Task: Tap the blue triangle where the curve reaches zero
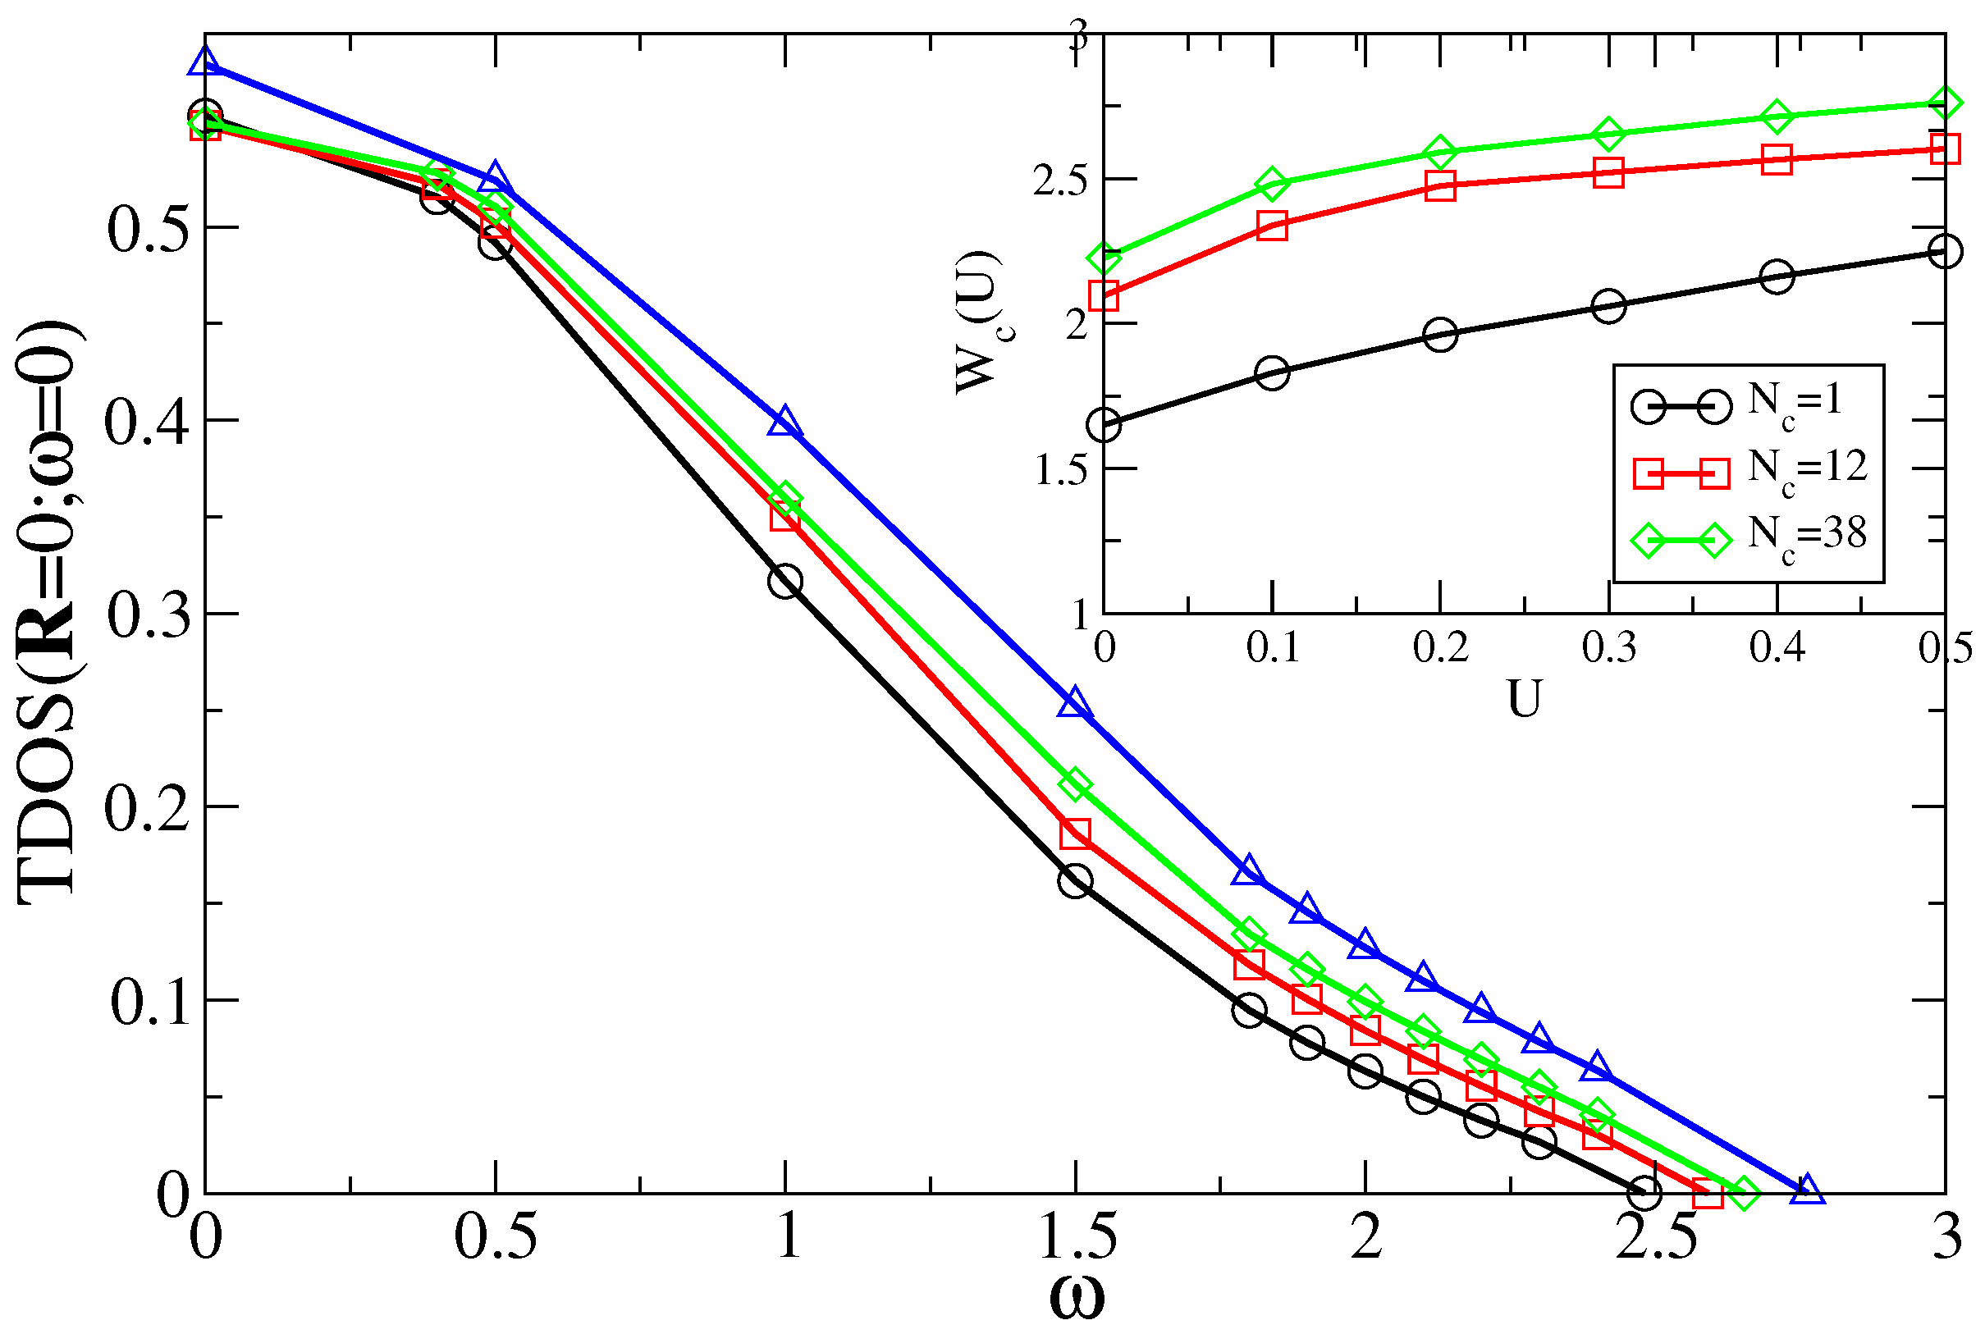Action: click(x=1807, y=1191)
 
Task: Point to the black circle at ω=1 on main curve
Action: click(x=784, y=582)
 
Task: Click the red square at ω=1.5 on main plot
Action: click(x=1075, y=834)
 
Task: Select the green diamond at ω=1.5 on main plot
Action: click(x=1075, y=784)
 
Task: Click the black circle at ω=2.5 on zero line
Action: click(x=1644, y=1193)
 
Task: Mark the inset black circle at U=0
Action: click(x=1104, y=425)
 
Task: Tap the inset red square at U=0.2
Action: click(x=1439, y=185)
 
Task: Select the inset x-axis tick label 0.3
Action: click(x=1608, y=648)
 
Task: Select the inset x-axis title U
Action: click(x=1523, y=699)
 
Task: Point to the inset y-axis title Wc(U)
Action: click(x=978, y=323)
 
